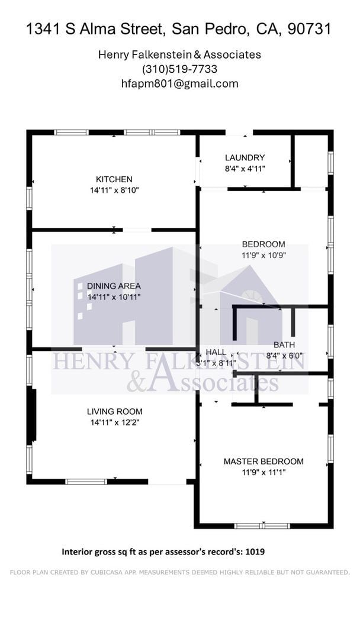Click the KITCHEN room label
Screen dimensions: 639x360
(x=114, y=179)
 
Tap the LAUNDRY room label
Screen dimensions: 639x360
(x=245, y=157)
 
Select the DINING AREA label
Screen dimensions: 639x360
(x=114, y=286)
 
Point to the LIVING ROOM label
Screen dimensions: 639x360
(x=114, y=411)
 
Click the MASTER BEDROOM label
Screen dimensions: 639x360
(x=263, y=461)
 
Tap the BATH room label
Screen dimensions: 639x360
(x=284, y=345)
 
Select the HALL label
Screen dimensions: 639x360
(x=216, y=352)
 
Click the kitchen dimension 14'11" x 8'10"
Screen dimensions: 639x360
(x=114, y=191)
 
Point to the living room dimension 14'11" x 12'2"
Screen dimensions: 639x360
(x=114, y=422)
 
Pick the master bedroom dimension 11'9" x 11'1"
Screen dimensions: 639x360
(x=263, y=473)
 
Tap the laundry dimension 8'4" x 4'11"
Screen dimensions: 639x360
(x=245, y=169)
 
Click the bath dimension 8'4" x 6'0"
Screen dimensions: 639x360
(x=284, y=356)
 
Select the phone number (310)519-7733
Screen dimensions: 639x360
(x=179, y=69)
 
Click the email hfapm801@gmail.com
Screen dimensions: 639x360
(x=179, y=83)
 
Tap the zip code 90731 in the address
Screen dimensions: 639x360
(x=309, y=29)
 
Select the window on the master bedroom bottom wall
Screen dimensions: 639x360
(x=262, y=525)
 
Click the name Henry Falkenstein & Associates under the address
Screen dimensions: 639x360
(x=179, y=54)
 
